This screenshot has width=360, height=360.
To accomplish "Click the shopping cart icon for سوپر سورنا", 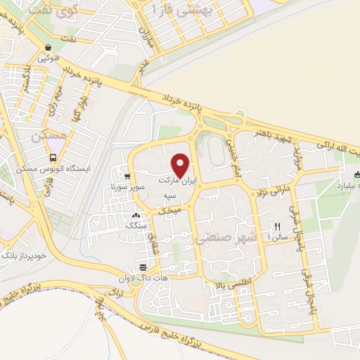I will click(x=127, y=176).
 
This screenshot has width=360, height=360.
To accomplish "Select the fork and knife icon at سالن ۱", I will click(x=277, y=226).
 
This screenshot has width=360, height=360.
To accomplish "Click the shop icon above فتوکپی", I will click(x=47, y=49).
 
